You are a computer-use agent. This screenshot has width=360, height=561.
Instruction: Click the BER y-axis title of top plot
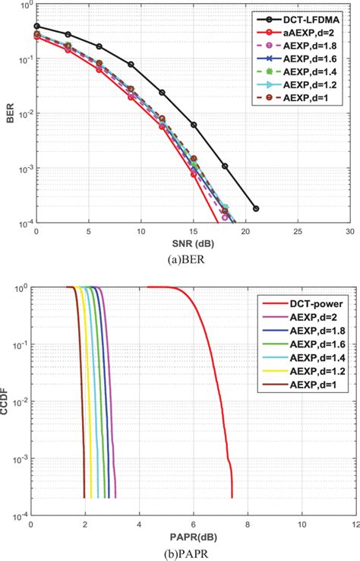[8, 114]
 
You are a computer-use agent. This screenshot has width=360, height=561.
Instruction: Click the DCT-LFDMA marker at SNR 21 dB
[255, 208]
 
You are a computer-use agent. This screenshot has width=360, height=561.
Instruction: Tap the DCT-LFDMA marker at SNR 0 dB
[36, 26]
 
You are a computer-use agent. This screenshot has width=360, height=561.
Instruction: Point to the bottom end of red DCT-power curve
[232, 497]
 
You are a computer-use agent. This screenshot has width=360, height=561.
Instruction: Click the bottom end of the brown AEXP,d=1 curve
[84, 497]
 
